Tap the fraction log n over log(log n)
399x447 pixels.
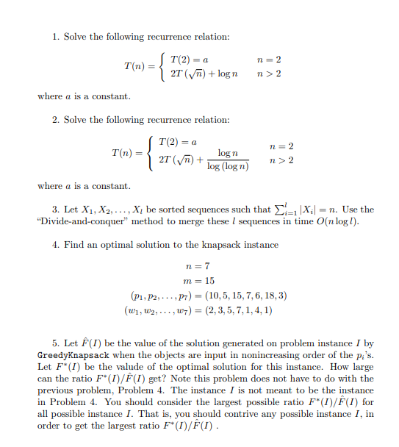(x=227, y=161)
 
